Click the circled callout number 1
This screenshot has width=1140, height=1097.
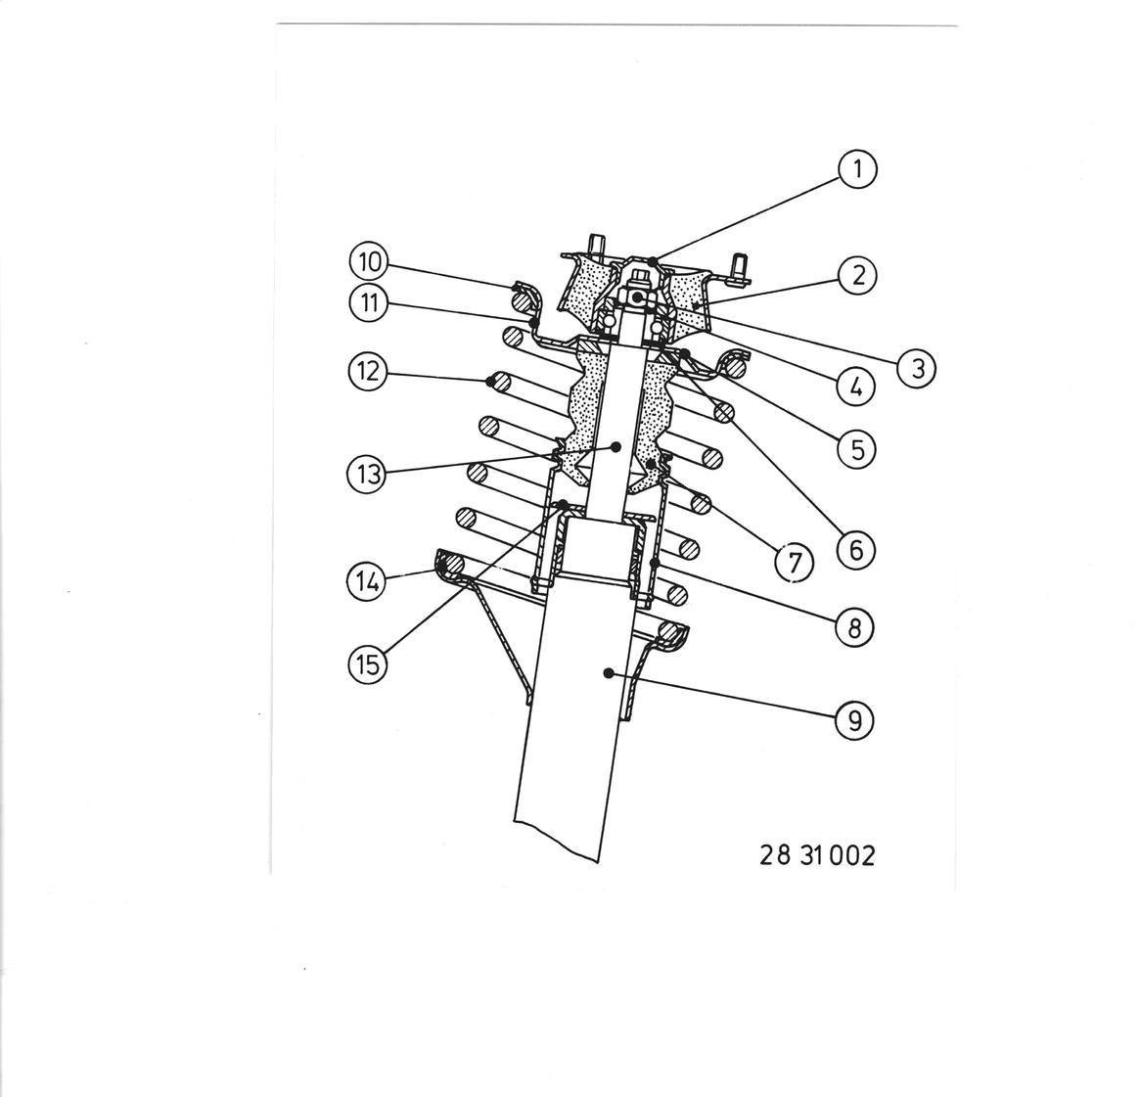(x=858, y=169)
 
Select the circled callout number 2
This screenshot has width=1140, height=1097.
(x=858, y=276)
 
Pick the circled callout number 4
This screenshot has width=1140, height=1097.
(x=855, y=387)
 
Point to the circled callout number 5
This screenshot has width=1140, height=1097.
(x=857, y=449)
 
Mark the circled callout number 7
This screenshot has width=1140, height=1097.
(x=794, y=562)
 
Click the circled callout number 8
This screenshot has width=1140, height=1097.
(x=854, y=626)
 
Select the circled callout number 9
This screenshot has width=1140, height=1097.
(x=854, y=720)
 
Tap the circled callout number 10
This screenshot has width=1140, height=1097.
(x=369, y=261)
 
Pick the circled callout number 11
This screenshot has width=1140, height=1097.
(x=369, y=301)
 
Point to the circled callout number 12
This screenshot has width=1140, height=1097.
(x=368, y=372)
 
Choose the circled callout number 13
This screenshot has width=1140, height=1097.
(x=368, y=474)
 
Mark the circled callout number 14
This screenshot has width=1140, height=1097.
(x=368, y=582)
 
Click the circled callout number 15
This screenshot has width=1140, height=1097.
(x=368, y=663)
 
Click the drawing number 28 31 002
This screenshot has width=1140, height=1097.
(x=817, y=855)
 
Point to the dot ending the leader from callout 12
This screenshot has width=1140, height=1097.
(x=491, y=380)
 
